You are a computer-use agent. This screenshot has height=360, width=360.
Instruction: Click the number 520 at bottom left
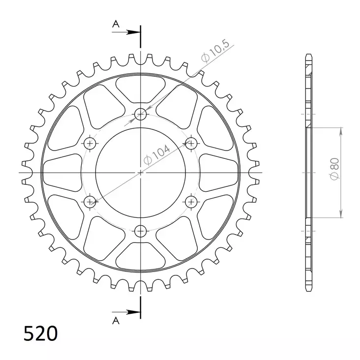tap(41, 333)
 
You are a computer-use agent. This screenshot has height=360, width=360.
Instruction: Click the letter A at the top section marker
tap(115, 24)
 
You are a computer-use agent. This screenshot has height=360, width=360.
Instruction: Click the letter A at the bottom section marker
tap(115, 320)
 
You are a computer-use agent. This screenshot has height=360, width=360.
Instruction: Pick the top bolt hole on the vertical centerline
tap(141, 115)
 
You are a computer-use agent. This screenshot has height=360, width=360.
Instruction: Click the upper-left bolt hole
tap(90, 143)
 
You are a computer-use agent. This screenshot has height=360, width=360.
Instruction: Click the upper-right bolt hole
tap(191, 143)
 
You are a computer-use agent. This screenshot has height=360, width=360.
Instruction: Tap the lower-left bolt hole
tap(90, 201)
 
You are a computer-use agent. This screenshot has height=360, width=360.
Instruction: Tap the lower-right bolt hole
tap(191, 201)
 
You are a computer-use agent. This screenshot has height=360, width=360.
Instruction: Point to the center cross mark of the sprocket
tap(141, 172)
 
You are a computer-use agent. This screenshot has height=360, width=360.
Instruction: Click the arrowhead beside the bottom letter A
tap(134, 311)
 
